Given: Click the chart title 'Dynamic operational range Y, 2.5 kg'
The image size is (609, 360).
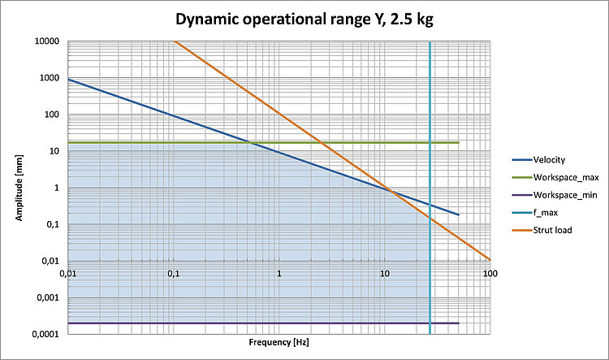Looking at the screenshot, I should (304, 20).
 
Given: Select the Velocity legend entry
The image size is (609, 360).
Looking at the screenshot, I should (551, 159).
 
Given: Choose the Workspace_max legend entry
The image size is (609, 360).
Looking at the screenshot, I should (563, 177).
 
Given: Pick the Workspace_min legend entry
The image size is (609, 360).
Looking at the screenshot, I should (562, 195).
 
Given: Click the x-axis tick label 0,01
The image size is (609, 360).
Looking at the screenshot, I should (68, 274).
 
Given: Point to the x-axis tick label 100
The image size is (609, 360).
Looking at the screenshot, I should (490, 274).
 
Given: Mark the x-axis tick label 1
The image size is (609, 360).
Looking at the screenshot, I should (279, 274).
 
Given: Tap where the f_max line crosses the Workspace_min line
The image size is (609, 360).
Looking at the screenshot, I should (430, 323).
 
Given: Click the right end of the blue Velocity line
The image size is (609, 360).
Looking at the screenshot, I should (459, 215).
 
